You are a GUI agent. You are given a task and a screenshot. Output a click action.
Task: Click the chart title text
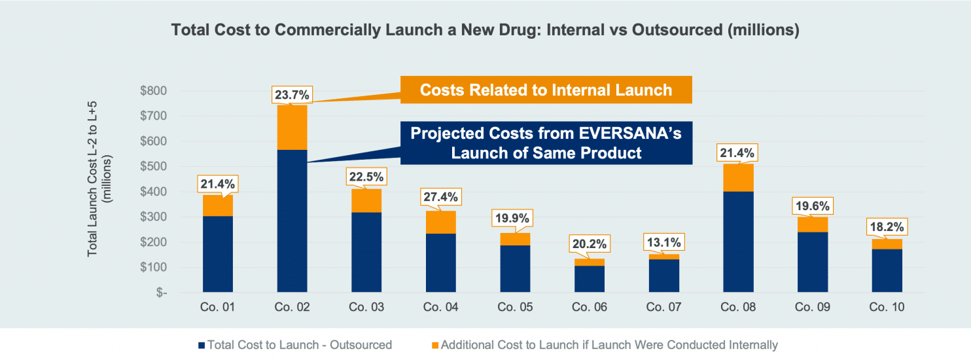[485, 31]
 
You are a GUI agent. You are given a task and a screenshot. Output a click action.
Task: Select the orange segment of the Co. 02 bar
[292, 128]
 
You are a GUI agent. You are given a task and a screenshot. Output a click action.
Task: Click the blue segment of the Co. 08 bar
[738, 242]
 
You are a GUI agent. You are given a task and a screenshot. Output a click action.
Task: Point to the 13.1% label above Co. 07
[665, 242]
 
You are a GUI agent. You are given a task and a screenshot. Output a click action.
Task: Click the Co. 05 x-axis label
[516, 307]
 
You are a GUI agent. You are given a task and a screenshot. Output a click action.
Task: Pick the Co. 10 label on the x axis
[887, 307]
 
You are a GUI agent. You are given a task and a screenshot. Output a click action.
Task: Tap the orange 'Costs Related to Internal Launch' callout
[546, 90]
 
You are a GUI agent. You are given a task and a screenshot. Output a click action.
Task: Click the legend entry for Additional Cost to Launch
[605, 345]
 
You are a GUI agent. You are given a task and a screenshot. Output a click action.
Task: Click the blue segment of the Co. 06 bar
[590, 279]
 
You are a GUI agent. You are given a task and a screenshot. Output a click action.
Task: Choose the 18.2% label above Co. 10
[887, 228]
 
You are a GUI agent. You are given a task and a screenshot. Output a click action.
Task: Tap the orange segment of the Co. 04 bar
[441, 223]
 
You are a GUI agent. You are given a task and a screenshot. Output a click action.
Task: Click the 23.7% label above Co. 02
[292, 94]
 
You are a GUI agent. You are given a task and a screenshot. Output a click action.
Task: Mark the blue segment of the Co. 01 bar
[218, 254]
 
